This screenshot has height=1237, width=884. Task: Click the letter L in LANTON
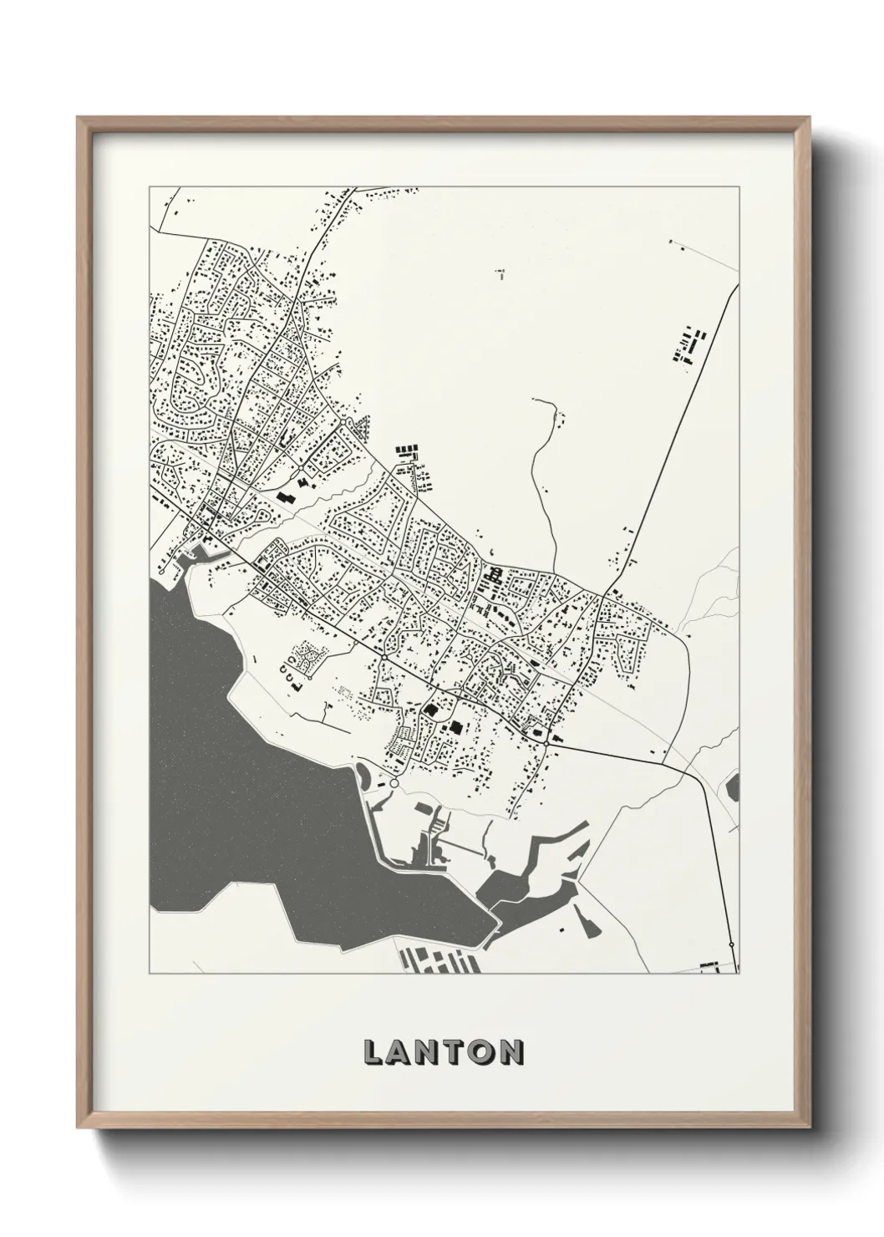[x=373, y=1053]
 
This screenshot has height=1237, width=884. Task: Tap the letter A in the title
[x=400, y=1053]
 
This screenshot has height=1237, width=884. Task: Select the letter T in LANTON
[x=456, y=1053]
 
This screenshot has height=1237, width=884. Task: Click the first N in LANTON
[x=429, y=1053]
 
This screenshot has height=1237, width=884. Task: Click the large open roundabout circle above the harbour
[x=394, y=784]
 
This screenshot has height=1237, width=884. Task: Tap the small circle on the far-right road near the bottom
[x=731, y=944]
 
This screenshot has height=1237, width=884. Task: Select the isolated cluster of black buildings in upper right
[x=688, y=345]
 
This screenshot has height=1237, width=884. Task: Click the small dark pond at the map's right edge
[x=734, y=786]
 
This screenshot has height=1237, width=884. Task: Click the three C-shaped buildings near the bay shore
[x=291, y=668]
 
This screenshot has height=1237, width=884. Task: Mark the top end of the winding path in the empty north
[x=535, y=400]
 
